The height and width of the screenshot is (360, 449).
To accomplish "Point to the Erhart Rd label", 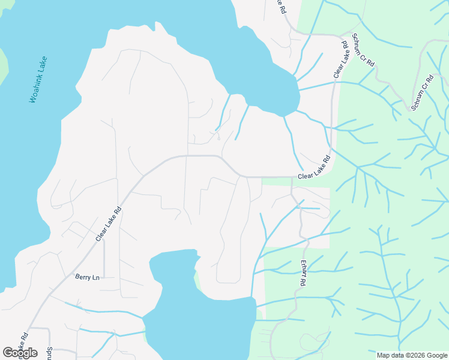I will click(x=303, y=273).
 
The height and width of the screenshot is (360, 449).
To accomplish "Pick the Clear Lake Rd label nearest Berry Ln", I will click(x=109, y=224).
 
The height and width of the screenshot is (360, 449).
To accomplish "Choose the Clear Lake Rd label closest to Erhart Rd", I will click(x=315, y=169).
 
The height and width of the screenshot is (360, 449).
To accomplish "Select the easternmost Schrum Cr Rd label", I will click(x=422, y=92).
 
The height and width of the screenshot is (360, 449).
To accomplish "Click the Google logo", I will click(x=20, y=353).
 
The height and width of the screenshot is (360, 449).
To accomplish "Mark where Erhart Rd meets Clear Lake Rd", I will click(x=292, y=178).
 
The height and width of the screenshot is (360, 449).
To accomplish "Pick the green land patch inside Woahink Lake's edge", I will click(x=3, y=60).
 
